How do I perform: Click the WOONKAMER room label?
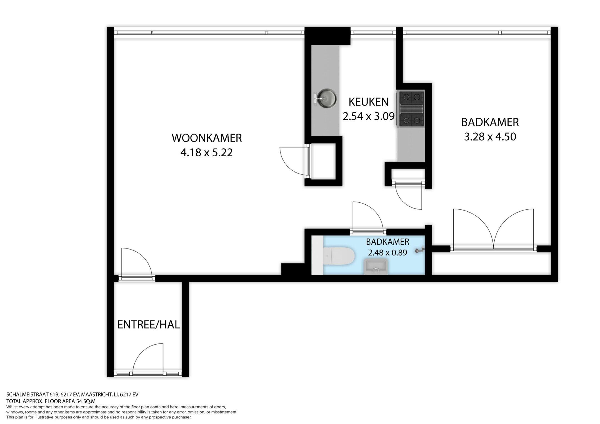pyautogui.click(x=207, y=138)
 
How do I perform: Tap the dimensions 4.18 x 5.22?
pyautogui.click(x=206, y=152)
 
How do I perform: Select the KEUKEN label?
pyautogui.click(x=368, y=102)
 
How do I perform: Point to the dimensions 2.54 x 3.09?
pyautogui.click(x=369, y=116)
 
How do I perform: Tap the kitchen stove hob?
pyautogui.click(x=411, y=109)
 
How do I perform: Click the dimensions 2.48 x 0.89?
pyautogui.click(x=387, y=253)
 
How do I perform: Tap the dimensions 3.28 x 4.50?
pyautogui.click(x=490, y=137)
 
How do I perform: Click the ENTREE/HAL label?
pyautogui.click(x=149, y=325)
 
